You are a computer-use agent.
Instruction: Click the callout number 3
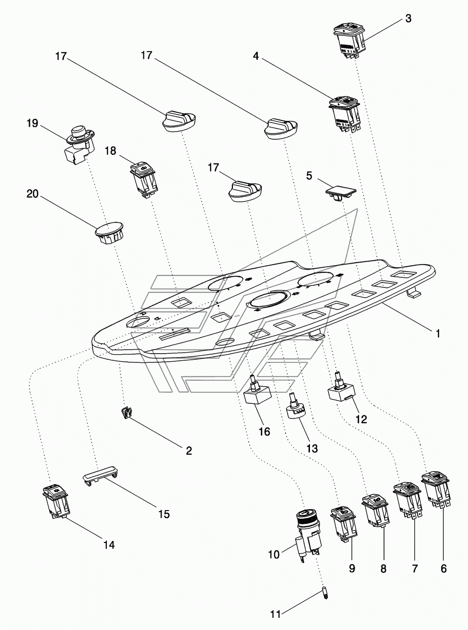pos(408,19)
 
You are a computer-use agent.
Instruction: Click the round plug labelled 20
pos(109,232)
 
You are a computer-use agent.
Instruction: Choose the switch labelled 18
pos(143,178)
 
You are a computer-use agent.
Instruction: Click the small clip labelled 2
pos(125,413)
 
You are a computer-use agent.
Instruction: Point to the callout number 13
pos(311,448)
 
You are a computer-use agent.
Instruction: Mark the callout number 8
pos(383,569)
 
